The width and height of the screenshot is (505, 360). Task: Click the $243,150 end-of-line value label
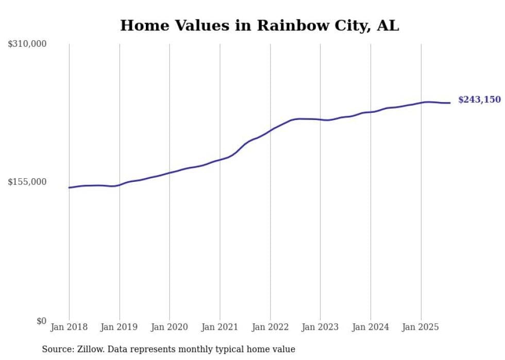pyautogui.click(x=479, y=99)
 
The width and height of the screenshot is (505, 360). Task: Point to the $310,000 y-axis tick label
pyautogui.click(x=27, y=44)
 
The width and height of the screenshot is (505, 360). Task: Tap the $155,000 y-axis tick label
pyautogui.click(x=27, y=182)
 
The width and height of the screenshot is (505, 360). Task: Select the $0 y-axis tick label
pyautogui.click(x=41, y=321)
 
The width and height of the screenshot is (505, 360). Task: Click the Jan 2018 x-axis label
pyautogui.click(x=69, y=327)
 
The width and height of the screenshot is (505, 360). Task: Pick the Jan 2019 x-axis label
pyautogui.click(x=120, y=327)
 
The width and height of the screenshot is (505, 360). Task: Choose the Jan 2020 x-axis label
pyautogui.click(x=170, y=327)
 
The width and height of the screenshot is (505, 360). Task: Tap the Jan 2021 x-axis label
pyautogui.click(x=220, y=327)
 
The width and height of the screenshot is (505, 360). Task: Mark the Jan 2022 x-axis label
pyautogui.click(x=270, y=327)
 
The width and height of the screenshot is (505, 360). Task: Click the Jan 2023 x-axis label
pyautogui.click(x=320, y=327)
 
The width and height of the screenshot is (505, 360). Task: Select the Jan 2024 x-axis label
pyautogui.click(x=371, y=327)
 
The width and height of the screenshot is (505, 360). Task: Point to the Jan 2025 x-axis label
pyautogui.click(x=420, y=327)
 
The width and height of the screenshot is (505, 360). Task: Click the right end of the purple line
pyautogui.click(x=450, y=103)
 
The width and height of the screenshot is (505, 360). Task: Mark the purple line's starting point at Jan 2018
pyautogui.click(x=69, y=187)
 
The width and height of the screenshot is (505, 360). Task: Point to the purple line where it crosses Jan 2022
pyautogui.click(x=270, y=130)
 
